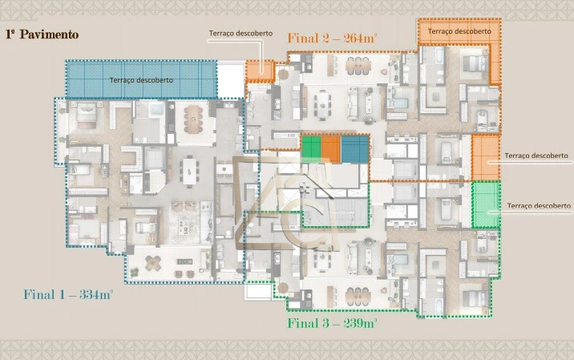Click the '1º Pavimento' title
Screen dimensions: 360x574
coord(42,34)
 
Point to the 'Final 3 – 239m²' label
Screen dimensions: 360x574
coord(332,324)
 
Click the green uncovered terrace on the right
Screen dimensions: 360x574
coord(486,205)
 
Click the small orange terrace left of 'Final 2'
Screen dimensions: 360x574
coord(257,70)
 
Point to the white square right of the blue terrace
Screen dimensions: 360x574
coord(231,79)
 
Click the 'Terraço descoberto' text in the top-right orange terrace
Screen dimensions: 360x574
coord(459,30)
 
